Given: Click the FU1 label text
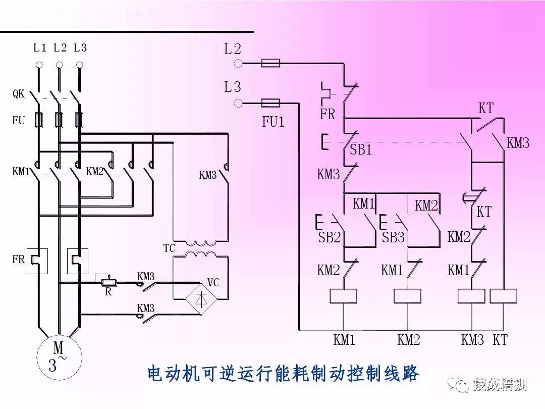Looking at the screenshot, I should pyautogui.click(x=273, y=122).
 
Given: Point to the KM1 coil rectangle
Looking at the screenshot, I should pyautogui.click(x=344, y=296).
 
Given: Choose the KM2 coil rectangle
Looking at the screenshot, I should pyautogui.click(x=408, y=296).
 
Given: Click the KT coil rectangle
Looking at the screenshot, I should pyautogui.click(x=503, y=296).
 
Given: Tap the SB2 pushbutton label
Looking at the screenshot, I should pyautogui.click(x=330, y=237).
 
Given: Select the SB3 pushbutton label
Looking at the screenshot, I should pyautogui.click(x=394, y=237).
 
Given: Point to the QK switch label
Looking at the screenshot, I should pyautogui.click(x=19, y=94).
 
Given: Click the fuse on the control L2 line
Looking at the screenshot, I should pyautogui.click(x=270, y=63).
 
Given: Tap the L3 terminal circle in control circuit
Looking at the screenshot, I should pyautogui.click(x=239, y=104).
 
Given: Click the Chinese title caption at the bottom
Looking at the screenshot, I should pyautogui.click(x=283, y=374).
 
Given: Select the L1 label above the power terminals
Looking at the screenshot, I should pyautogui.click(x=40, y=48).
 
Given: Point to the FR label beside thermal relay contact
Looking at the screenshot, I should pyautogui.click(x=328, y=114).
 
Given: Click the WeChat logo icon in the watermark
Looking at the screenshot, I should pyautogui.click(x=462, y=385).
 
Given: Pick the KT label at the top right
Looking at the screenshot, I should pyautogui.click(x=485, y=108).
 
